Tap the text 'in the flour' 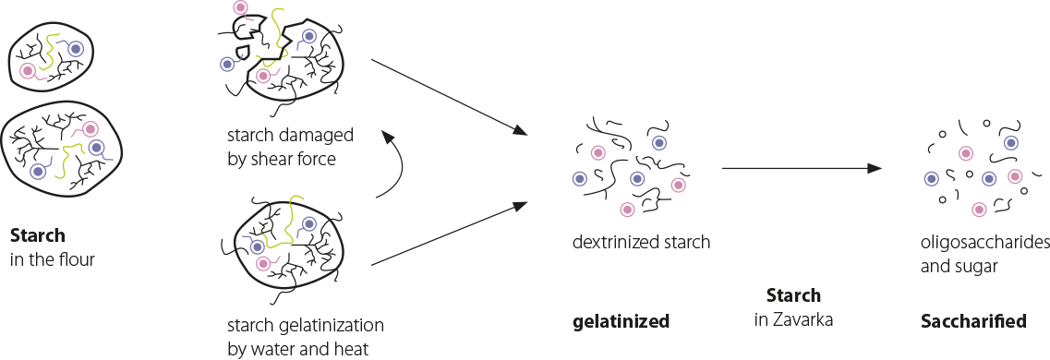(54, 259)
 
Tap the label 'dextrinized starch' (641, 243)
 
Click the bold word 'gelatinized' (620, 321)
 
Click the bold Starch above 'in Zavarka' (793, 296)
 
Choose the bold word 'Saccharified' (973, 321)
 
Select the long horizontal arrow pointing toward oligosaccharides (799, 169)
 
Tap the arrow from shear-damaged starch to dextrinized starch (448, 98)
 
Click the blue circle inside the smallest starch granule (75, 48)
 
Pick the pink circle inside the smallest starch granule (29, 69)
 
